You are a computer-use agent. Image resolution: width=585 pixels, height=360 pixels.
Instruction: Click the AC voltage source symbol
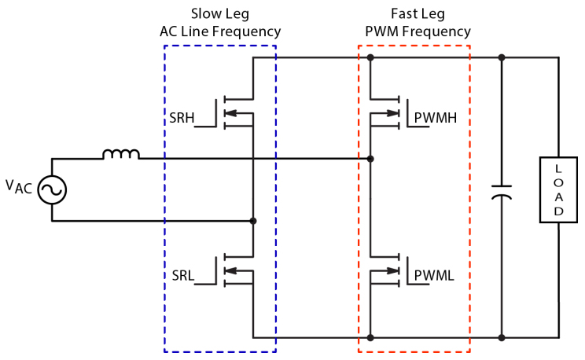(x=52, y=189)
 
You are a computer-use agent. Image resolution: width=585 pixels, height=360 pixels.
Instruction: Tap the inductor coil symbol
(x=121, y=154)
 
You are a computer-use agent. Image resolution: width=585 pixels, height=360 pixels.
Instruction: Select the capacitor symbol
(x=501, y=193)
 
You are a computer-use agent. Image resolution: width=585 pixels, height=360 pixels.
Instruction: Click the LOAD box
(x=558, y=189)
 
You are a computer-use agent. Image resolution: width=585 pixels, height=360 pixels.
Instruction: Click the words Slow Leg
(x=219, y=14)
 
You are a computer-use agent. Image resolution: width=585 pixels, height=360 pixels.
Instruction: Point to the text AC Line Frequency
(x=219, y=31)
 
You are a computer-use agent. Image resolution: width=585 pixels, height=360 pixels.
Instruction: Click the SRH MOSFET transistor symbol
(x=234, y=112)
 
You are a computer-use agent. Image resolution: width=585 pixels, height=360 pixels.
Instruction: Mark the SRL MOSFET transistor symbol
(x=234, y=270)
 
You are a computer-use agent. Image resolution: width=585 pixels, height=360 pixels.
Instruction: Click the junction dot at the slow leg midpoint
(x=252, y=221)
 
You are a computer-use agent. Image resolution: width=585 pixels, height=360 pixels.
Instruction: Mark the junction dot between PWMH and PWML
(x=370, y=159)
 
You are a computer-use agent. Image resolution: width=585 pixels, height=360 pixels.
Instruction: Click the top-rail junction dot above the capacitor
(x=501, y=57)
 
